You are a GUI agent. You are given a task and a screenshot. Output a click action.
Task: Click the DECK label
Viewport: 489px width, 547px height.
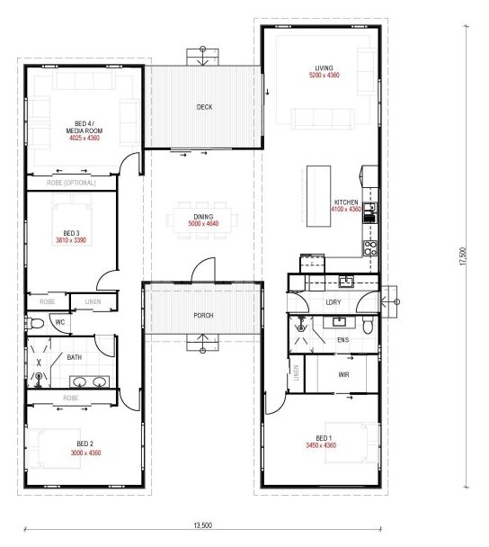tap(204, 107)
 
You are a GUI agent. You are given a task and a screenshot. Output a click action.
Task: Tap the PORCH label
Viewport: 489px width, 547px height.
tap(203, 316)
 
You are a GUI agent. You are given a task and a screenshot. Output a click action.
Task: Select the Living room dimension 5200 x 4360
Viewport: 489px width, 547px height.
tap(325, 75)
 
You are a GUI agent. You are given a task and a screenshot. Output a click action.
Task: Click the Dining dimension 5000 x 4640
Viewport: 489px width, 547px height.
tap(203, 224)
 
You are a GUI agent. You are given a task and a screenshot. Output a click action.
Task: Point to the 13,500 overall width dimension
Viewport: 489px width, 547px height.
tap(202, 525)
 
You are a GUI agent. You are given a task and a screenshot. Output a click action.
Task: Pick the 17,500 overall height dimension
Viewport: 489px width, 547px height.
tap(463, 256)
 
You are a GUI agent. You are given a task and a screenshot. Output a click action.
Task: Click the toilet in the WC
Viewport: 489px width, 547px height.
tap(35, 323)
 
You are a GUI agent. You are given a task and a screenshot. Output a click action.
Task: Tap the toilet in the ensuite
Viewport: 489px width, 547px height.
tap(368, 325)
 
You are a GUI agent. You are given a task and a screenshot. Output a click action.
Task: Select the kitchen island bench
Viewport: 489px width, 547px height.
tap(318, 196)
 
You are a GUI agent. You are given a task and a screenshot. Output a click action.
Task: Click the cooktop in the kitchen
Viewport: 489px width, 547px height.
tap(370, 248)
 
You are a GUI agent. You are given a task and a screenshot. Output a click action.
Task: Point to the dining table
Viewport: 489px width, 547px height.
tap(203, 220)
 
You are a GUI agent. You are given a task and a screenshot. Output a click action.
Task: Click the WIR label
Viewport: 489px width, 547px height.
tap(343, 375)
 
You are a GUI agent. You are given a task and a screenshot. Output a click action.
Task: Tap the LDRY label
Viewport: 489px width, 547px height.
tap(333, 302)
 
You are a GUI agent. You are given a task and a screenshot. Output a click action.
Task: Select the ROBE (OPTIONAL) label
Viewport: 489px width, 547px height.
tap(71, 183)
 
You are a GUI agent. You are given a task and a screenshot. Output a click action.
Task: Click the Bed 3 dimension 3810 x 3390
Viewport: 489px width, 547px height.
tap(71, 240)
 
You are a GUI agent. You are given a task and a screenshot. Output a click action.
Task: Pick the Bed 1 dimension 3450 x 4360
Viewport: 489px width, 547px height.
tap(321, 445)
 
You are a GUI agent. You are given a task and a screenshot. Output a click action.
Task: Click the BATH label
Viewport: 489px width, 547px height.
tap(75, 357)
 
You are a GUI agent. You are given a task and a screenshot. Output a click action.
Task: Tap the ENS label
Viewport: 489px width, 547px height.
tap(343, 340)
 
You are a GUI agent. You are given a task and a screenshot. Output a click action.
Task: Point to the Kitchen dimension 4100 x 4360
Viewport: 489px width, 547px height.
tap(346, 210)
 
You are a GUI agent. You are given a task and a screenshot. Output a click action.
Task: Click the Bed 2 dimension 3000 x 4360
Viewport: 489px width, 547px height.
tap(85, 453)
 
